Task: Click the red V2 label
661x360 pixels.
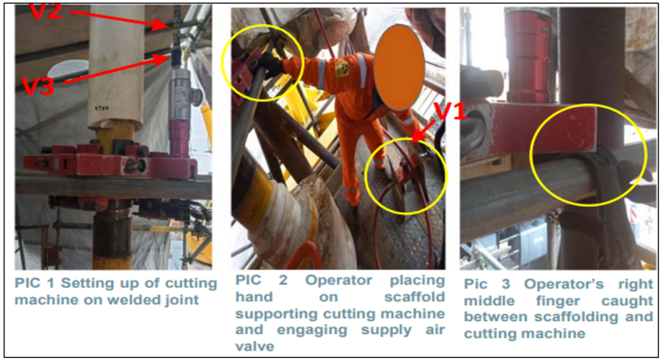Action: [46, 12]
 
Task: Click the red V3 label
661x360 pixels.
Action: [38, 86]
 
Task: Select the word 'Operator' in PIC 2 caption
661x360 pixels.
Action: [338, 281]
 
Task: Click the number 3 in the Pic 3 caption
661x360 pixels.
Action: [505, 284]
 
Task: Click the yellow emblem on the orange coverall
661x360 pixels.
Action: [342, 69]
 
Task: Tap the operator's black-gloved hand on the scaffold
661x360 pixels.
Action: [270, 65]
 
